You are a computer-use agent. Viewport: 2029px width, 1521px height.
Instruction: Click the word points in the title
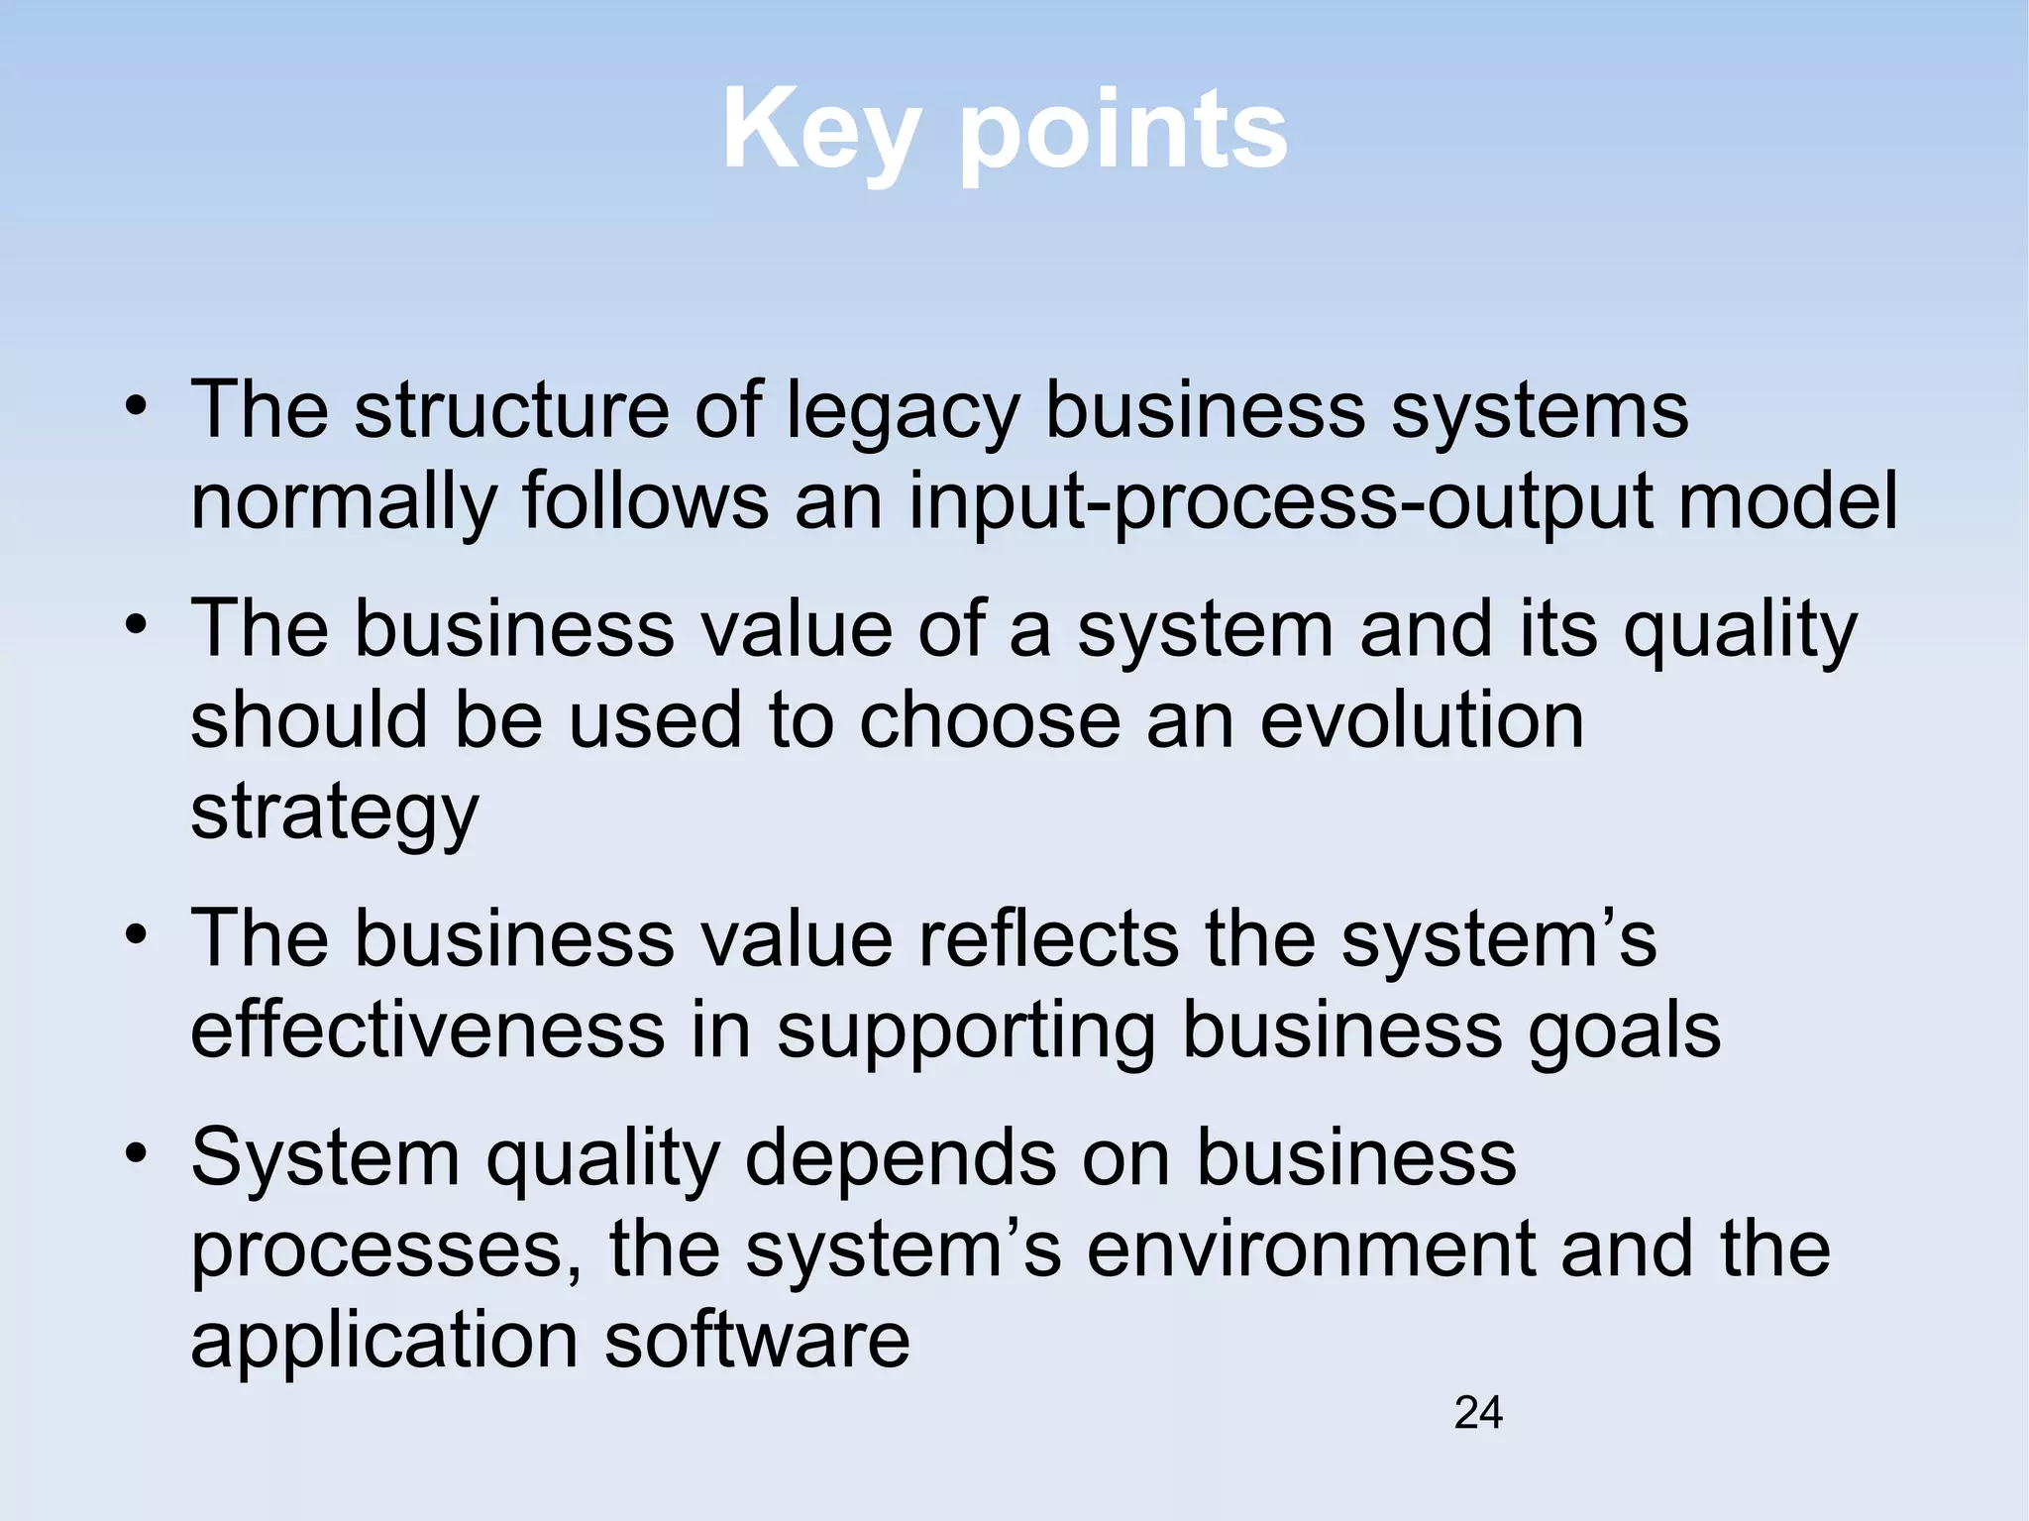1123,132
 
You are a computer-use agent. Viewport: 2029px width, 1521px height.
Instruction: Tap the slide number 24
1478,1412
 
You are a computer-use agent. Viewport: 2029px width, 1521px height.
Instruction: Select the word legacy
903,412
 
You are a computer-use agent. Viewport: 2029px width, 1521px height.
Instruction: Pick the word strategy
335,813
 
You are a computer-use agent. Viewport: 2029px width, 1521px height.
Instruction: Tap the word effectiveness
427,1031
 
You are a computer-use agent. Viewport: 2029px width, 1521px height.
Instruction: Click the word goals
1624,1031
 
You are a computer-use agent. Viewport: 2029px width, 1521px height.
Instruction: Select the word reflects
1047,938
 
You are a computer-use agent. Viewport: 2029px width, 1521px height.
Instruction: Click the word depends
900,1158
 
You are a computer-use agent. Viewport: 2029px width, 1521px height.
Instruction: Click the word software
757,1340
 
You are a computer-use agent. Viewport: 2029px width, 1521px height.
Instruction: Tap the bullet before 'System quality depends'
137,1153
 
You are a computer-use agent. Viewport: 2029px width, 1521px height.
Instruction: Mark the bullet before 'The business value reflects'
137,934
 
